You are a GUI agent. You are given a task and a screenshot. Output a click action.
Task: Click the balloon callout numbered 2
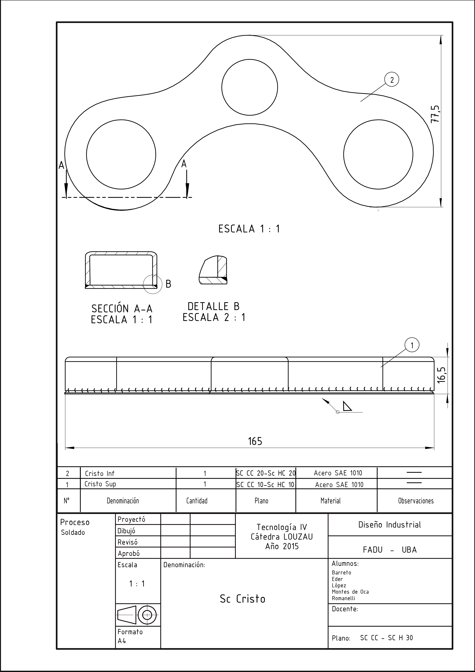tap(392, 80)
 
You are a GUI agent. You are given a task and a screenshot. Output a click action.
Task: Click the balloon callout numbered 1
tap(412, 346)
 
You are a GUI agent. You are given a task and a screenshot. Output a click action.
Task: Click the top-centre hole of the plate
tap(250, 87)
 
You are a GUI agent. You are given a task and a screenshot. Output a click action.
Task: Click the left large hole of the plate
tap(121, 154)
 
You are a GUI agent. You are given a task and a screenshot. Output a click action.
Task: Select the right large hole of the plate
tap(378, 154)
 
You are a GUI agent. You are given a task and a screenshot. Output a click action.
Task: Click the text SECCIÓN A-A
tap(122, 309)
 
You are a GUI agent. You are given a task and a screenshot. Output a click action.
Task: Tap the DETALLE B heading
tap(214, 306)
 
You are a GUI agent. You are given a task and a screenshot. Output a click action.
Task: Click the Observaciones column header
tap(416, 501)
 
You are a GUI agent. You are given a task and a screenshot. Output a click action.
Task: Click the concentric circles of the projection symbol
tap(147, 615)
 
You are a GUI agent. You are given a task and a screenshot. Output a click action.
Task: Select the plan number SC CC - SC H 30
tap(386, 638)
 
